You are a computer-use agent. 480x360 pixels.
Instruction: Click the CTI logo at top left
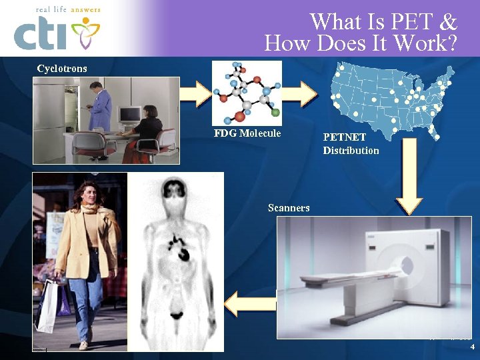click(57, 31)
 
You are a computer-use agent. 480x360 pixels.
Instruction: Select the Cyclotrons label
click(62, 69)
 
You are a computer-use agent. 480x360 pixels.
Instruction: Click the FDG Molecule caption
click(247, 133)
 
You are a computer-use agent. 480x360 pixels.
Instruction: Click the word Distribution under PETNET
click(351, 151)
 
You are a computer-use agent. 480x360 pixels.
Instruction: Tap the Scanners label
click(289, 208)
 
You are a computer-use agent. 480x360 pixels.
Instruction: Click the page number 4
click(472, 347)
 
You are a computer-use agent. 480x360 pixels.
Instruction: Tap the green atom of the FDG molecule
click(275, 113)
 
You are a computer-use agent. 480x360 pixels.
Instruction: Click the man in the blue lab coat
click(101, 107)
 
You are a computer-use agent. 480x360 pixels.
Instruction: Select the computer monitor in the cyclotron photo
click(129, 114)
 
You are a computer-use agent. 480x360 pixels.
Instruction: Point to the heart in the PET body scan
click(181, 252)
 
